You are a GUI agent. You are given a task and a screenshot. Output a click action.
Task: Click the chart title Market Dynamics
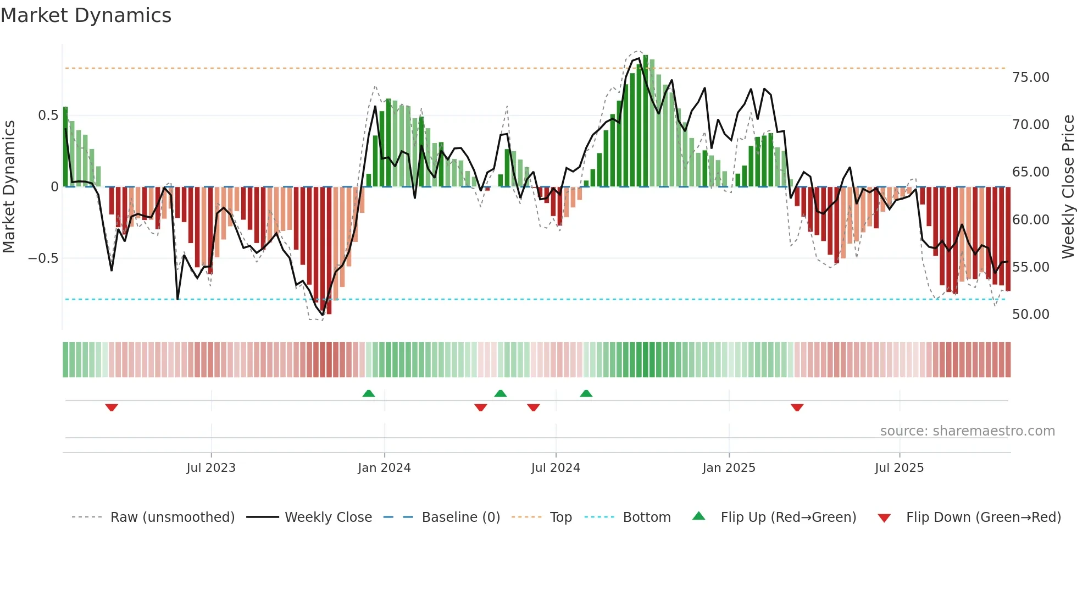tap(86, 15)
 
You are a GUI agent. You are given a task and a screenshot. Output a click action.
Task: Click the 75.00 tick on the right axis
tap(1030, 78)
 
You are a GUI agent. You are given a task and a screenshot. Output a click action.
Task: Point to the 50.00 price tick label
tap(1030, 315)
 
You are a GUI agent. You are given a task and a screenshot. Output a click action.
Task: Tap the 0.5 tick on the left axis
tap(48, 115)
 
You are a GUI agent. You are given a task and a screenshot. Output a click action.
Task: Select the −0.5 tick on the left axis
tap(43, 258)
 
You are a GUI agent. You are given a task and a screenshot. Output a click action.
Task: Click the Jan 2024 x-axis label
tap(384, 468)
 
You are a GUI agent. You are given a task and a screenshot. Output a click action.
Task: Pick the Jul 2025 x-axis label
tap(899, 468)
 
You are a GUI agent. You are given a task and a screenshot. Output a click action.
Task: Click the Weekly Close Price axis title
tap(1068, 186)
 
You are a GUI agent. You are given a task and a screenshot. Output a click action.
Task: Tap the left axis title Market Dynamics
tap(9, 186)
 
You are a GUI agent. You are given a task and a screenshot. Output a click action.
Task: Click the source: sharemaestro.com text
tap(967, 431)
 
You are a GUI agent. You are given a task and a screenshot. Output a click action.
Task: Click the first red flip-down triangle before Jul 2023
tap(112, 407)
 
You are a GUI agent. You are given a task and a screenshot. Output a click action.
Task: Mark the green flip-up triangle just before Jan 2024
tap(369, 393)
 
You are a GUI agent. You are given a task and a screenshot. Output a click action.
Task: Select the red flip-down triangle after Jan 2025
tap(797, 407)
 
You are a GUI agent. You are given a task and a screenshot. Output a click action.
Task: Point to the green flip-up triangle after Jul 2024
tap(586, 393)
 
